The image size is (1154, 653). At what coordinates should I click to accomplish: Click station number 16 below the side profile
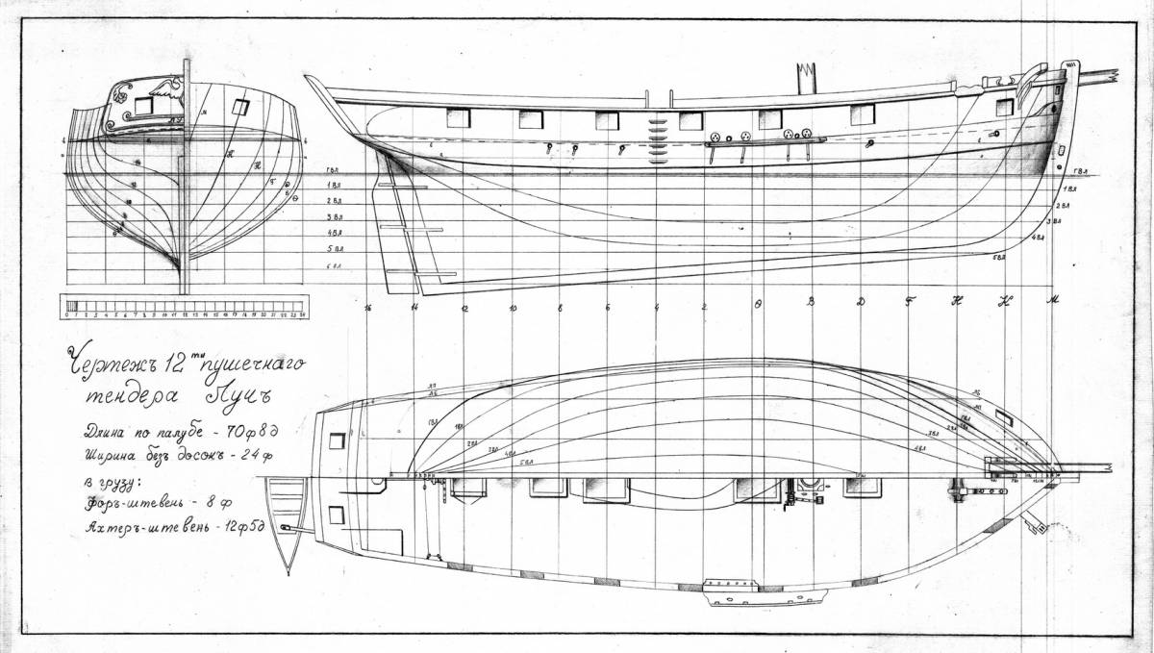pos(367,308)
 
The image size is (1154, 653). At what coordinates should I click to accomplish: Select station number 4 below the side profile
pos(656,308)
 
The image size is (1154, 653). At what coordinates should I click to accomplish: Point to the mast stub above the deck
pos(805,77)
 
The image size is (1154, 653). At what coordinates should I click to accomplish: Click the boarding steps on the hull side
pos(658,135)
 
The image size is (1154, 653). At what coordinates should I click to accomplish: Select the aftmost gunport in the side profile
pos(458,117)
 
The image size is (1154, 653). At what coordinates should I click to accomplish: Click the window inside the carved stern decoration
pos(143,105)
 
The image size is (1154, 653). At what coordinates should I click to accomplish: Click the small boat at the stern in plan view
pos(286,519)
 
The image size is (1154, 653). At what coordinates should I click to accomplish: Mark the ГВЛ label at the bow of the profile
pos(1079,173)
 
